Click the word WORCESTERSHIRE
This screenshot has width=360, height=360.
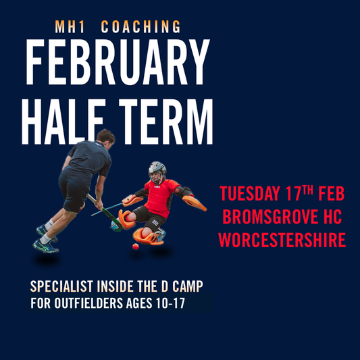pos(282,240)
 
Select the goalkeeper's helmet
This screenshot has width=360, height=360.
pos(157,170)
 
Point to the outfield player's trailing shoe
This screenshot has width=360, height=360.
pos(46,245)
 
